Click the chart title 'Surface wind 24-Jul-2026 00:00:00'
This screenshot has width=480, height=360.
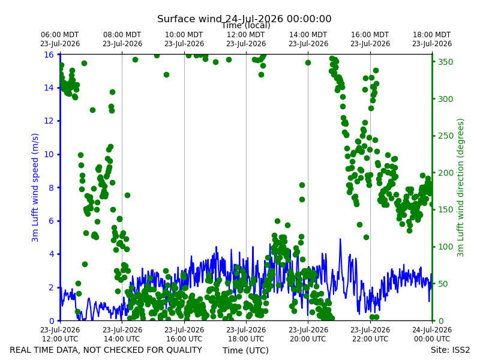(244, 19)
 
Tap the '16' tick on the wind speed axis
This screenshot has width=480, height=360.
(49, 55)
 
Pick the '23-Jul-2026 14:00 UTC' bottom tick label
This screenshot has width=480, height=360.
(122, 334)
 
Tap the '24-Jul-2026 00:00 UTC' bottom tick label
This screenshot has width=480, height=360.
(432, 334)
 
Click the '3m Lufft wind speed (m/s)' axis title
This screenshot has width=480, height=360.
(35, 187)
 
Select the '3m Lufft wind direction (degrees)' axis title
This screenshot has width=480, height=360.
(460, 188)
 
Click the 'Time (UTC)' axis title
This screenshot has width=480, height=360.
(245, 350)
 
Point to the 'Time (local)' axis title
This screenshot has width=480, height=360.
(246, 25)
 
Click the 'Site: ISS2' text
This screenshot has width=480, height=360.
(450, 350)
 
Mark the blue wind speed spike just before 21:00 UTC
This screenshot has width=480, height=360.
(340, 239)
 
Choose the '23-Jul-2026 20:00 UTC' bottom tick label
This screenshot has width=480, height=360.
(308, 334)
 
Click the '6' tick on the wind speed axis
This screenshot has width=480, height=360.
(52, 221)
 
